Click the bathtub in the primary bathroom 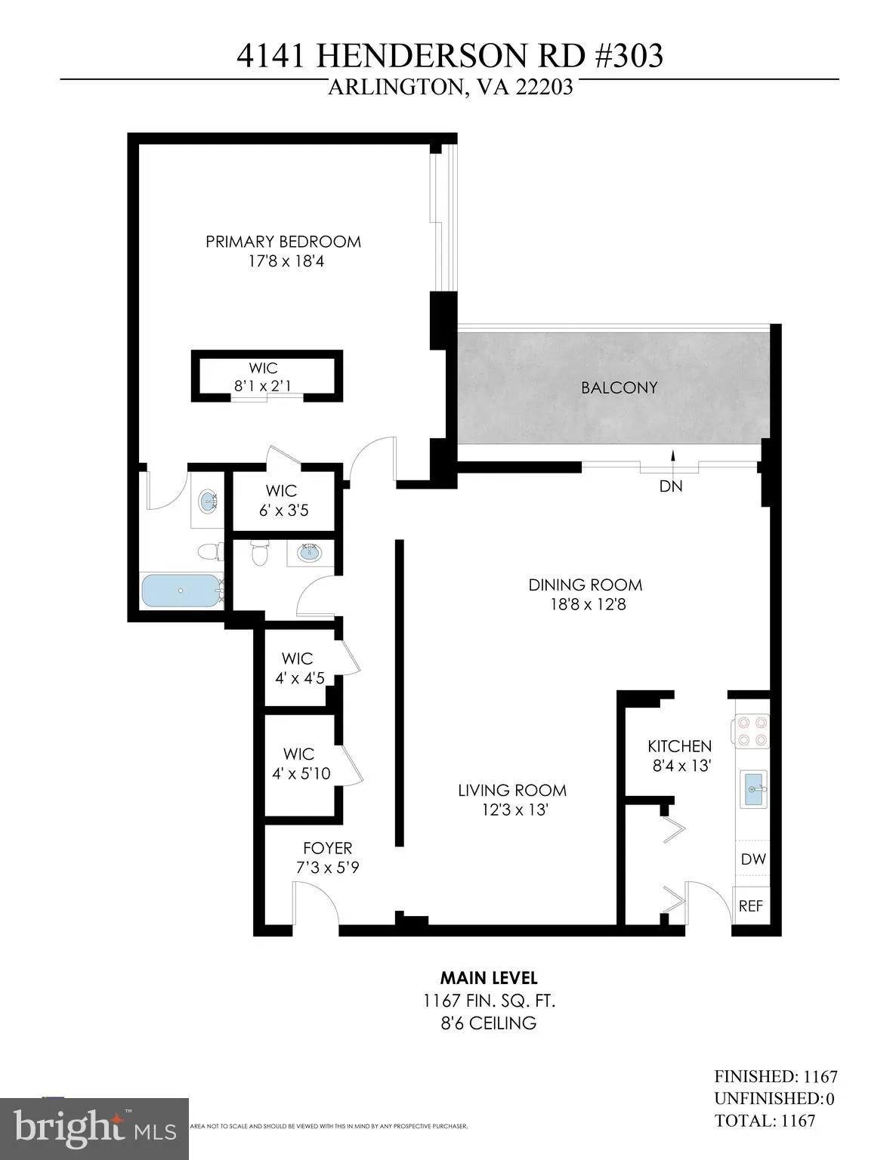pos(181,591)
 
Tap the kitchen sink pos(754,790)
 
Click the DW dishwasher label pos(752,859)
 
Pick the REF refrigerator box pos(751,905)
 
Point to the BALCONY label pos(619,388)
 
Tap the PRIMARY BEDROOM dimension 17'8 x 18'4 pos(283,262)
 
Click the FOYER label pos(327,848)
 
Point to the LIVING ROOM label pos(512,791)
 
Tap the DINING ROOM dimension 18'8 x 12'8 pos(585,605)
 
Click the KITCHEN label pos(679,746)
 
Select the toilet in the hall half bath pos(259,553)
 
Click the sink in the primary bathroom pos(208,501)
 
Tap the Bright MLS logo pos(94,1128)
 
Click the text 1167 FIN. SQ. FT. pos(489,1001)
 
